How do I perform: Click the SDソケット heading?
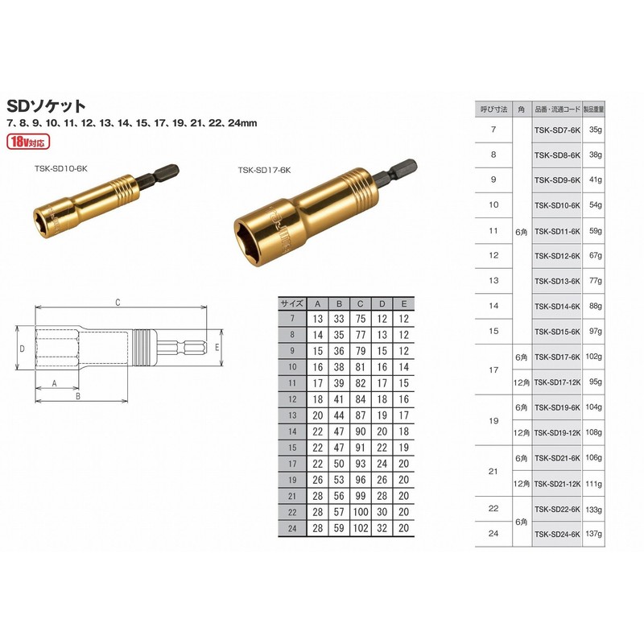coord(46,105)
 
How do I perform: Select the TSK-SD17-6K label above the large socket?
coord(264,170)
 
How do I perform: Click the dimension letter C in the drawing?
coord(118,303)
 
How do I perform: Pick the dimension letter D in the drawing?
coord(23,349)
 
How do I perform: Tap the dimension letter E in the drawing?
coord(217,348)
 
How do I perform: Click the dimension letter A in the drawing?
coord(55,385)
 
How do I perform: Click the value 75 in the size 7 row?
coord(361,319)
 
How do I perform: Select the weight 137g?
coord(595,534)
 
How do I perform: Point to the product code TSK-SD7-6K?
coord(557,129)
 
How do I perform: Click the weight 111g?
coord(595,483)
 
